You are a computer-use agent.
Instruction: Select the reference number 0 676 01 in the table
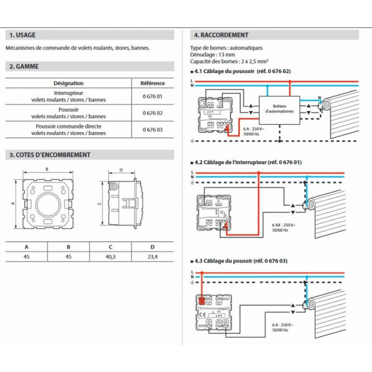click(152, 97)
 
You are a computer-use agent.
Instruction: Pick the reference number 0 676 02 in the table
click(152, 112)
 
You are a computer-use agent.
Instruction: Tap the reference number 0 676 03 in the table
click(152, 128)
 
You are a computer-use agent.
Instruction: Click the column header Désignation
click(68, 82)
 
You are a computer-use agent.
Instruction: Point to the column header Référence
click(153, 82)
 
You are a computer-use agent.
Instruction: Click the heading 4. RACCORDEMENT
click(221, 35)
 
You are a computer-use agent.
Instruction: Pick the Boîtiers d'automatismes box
click(279, 107)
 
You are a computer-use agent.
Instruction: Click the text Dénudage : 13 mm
click(213, 55)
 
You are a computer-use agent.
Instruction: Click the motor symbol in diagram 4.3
click(304, 304)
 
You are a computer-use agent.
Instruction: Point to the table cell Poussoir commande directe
click(68, 125)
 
